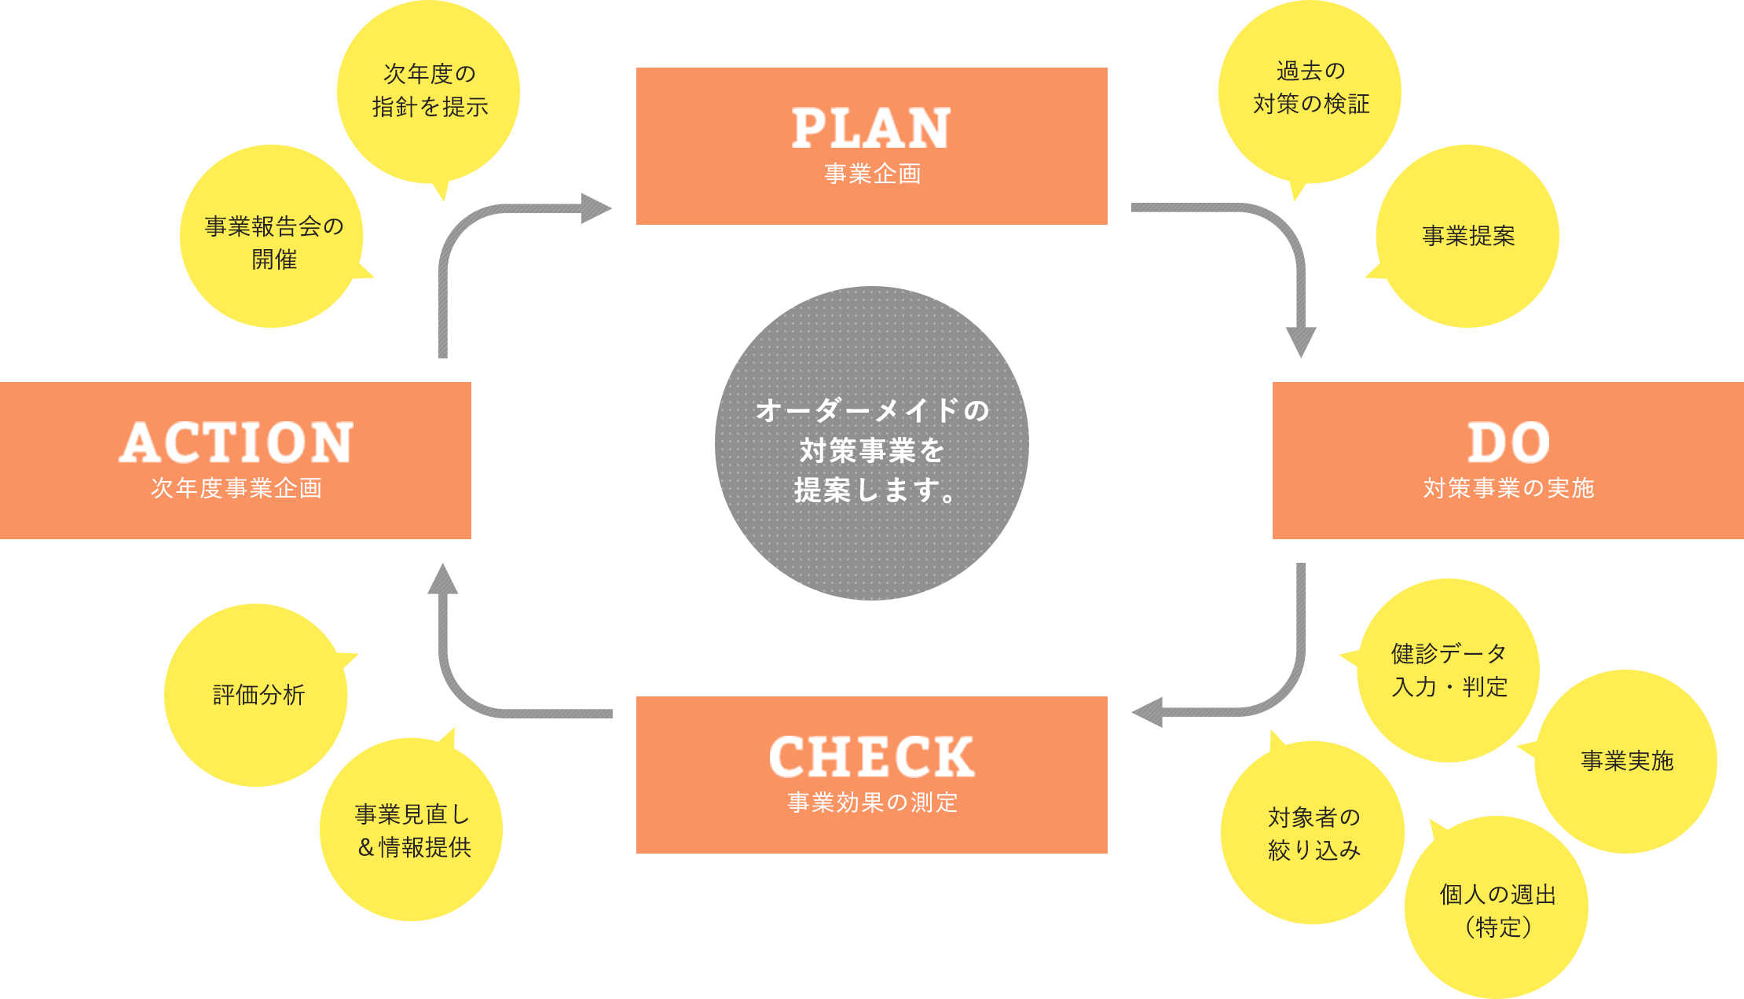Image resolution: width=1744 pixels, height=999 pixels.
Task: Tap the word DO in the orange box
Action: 1508,443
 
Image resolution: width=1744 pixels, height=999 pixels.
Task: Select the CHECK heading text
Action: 871,757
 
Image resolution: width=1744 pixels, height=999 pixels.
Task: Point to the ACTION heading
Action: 236,443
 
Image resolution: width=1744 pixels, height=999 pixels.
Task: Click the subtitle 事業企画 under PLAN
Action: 872,174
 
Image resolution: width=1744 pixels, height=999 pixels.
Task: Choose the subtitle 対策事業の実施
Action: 1508,488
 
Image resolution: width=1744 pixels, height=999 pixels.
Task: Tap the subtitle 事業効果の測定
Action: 872,803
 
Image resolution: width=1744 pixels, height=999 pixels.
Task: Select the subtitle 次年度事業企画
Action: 236,488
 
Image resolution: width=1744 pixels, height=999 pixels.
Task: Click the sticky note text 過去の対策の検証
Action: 1310,87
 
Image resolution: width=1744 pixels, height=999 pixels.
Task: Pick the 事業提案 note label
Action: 1467,236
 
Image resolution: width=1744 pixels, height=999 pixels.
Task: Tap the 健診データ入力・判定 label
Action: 1449,670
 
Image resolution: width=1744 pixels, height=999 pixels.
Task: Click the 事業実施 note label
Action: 1626,761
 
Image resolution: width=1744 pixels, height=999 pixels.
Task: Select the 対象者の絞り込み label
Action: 1313,833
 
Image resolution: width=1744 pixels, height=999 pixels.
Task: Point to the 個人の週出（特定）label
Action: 1497,910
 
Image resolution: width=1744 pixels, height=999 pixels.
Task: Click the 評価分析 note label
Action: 258,695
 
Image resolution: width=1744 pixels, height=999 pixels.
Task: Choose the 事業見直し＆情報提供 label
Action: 413,831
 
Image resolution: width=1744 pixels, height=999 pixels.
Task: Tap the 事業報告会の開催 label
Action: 273,242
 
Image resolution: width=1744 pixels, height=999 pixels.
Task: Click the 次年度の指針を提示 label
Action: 430,90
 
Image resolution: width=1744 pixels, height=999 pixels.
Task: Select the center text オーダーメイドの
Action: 872,410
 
